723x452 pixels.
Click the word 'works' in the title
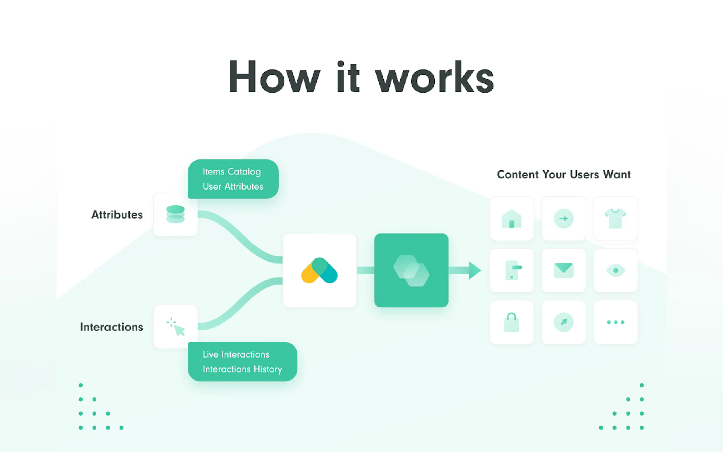point(434,77)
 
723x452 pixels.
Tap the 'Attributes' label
point(117,215)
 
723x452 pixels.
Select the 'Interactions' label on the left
point(112,327)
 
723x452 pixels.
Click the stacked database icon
point(175,214)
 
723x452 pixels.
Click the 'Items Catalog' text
point(232,172)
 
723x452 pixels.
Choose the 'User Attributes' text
point(233,186)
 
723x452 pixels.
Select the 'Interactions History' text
point(242,369)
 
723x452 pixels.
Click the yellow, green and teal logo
point(319,270)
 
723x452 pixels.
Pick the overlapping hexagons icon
point(411,270)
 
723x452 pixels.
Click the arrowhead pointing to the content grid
point(474,270)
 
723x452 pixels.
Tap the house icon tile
point(512,219)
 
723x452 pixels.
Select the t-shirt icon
point(615,219)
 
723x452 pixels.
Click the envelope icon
point(563,270)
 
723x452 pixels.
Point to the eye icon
point(615,270)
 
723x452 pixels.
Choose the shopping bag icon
point(512,322)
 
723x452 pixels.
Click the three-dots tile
point(615,322)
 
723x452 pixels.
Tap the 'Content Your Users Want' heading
point(564,174)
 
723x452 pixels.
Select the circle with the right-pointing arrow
point(563,219)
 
